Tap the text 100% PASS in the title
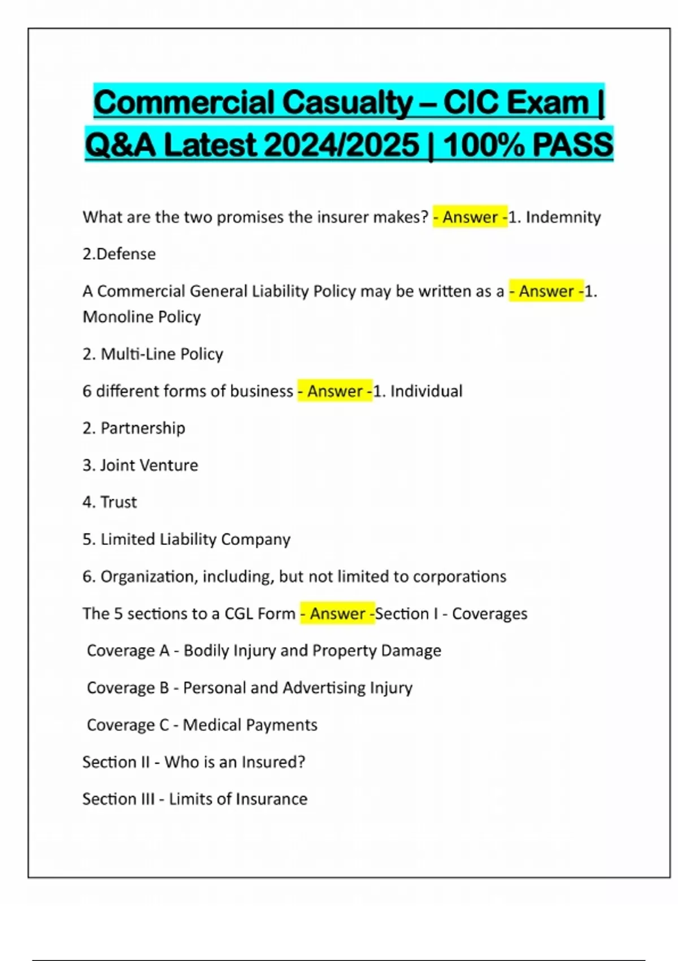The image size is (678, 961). (x=528, y=145)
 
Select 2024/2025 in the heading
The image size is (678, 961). (x=341, y=145)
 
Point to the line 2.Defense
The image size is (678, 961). (x=119, y=254)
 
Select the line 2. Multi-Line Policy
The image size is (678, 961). (x=153, y=354)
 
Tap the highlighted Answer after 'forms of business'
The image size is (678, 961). (x=335, y=391)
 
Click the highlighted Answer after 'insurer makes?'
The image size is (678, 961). (x=470, y=217)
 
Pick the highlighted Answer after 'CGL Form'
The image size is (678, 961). (x=337, y=613)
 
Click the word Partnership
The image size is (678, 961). (x=143, y=428)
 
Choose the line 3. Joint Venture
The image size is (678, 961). (x=141, y=465)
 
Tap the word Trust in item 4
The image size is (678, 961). (x=119, y=502)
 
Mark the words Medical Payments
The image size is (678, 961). (x=250, y=725)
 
